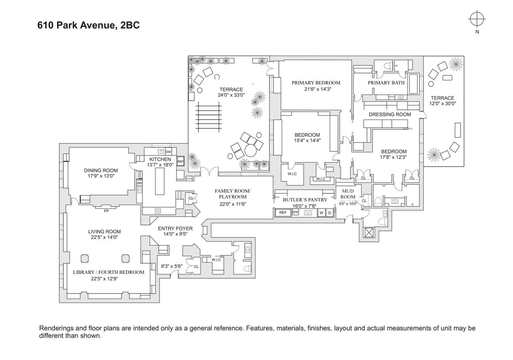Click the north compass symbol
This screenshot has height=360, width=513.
point(477,19)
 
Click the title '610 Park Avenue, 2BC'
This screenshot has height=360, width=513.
point(88,25)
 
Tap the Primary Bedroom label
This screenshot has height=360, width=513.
point(316,83)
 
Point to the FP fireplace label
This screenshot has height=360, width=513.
point(106,211)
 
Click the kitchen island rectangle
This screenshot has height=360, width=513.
point(160,181)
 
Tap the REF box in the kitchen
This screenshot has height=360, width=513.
point(180,161)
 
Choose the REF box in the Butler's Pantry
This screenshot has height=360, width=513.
point(283,213)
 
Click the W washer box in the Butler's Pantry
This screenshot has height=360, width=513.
point(321,213)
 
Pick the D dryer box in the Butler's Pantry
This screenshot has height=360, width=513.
point(330,213)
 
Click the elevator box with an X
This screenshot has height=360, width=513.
point(369,233)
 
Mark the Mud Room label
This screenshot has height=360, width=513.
point(348,194)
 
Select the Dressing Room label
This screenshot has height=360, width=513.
point(390,114)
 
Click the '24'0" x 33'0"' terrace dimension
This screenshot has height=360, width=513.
point(231,95)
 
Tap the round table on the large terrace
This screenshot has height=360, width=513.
point(250,150)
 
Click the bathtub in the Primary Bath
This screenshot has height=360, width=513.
point(414,84)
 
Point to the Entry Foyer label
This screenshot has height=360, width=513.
point(175,228)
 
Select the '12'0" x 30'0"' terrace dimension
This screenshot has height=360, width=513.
point(442,104)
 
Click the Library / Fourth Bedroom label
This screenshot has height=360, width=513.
point(108,272)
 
